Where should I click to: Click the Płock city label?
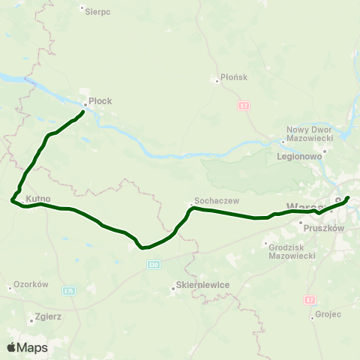100,97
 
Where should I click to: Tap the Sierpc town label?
97,12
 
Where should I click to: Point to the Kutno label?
37,199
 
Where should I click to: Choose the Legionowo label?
299,157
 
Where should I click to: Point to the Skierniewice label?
201,285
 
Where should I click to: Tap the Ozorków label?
31,285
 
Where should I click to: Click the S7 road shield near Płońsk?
244,105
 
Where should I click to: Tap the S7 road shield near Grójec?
310,299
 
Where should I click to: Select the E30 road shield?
154,265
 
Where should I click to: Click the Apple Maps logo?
27,347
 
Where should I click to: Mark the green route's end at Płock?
82,112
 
